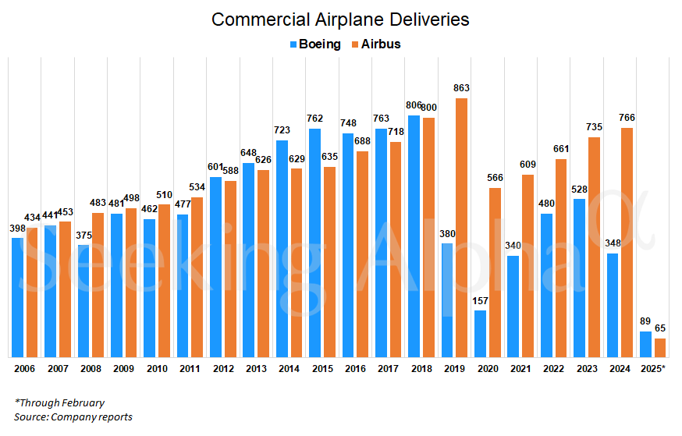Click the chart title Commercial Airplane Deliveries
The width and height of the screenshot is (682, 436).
[x=340, y=19]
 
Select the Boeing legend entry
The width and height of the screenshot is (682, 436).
[x=315, y=44]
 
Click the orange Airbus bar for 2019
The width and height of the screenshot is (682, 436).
[x=461, y=226]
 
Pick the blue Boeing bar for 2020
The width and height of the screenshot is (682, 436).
[x=480, y=334]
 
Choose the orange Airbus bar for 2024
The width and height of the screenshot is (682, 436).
[x=627, y=242]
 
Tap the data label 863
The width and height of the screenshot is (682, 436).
[x=461, y=89]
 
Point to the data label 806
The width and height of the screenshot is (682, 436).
[x=414, y=106]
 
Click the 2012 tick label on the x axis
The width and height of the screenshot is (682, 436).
[x=222, y=367]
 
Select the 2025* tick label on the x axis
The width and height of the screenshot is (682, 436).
[x=652, y=367]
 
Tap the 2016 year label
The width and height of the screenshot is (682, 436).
[x=355, y=367]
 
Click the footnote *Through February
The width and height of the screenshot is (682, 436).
[x=59, y=403]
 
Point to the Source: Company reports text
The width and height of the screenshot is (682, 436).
[x=73, y=417]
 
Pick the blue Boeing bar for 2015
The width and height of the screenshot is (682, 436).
[x=314, y=243]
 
